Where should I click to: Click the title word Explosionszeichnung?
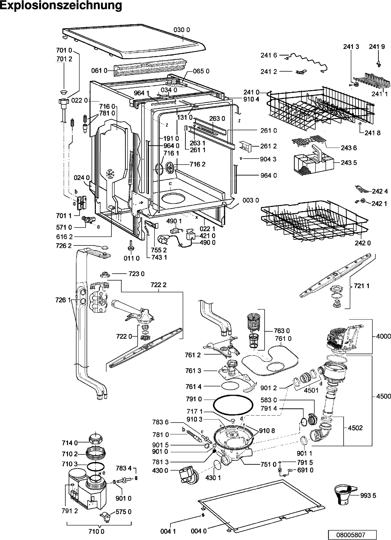point(61,6)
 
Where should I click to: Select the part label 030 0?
point(181,30)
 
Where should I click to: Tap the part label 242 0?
point(362,243)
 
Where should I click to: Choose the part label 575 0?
point(123,511)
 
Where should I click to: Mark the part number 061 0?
point(99,70)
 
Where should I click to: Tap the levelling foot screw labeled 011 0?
point(130,246)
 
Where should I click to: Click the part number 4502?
point(356,428)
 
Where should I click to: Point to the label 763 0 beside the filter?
point(282,331)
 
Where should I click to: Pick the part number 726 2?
point(63,245)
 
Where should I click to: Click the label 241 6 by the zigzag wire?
point(269,56)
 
